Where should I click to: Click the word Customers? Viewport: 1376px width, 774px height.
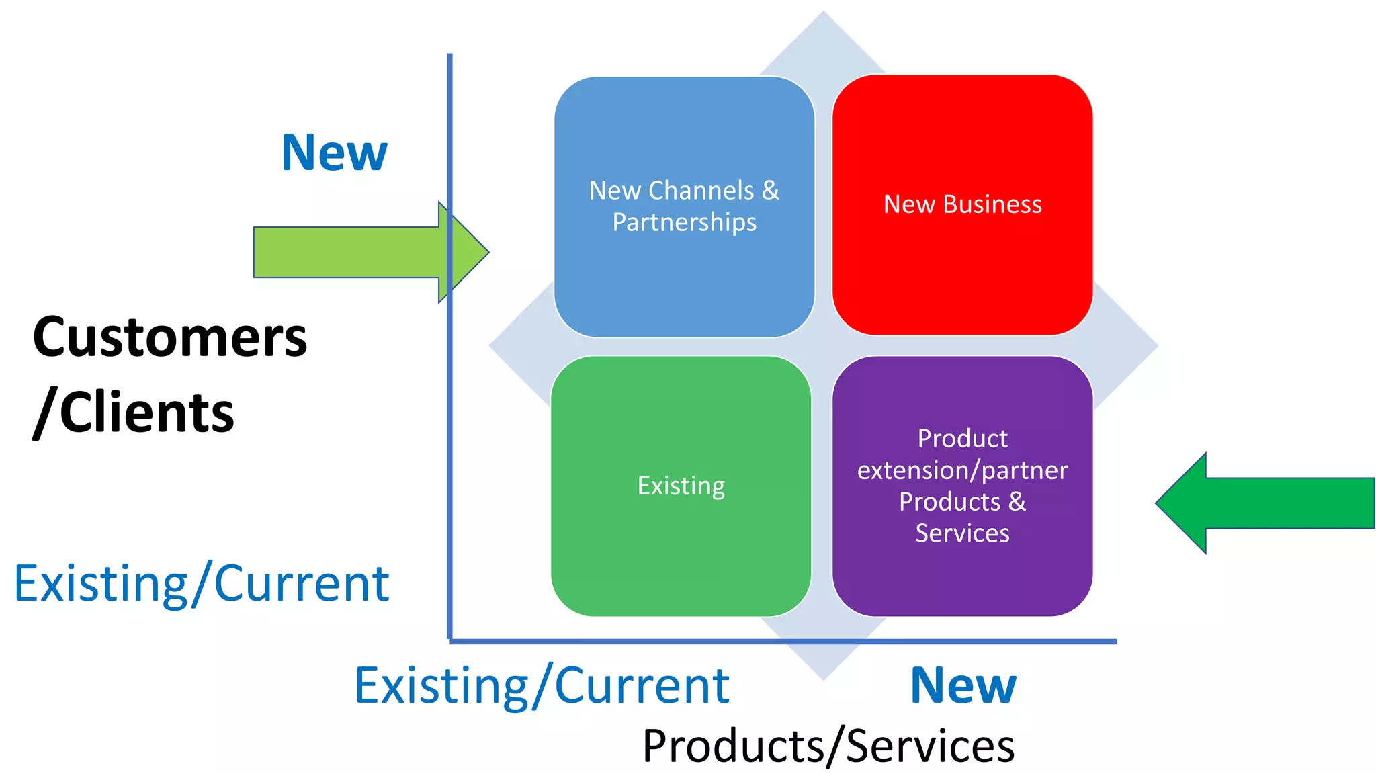(x=170, y=337)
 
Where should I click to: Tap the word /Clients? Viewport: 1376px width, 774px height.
(x=134, y=413)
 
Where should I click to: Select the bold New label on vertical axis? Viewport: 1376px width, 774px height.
(x=334, y=153)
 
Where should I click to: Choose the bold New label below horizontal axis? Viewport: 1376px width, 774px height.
(x=963, y=686)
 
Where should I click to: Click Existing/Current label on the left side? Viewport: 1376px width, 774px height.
(x=202, y=584)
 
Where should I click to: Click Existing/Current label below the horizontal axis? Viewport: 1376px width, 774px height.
(x=542, y=686)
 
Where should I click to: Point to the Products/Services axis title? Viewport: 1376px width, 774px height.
(x=828, y=746)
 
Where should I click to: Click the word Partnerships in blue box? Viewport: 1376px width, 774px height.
(x=684, y=222)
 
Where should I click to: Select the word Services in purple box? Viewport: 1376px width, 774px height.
(x=962, y=533)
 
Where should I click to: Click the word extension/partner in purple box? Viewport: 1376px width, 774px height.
(x=962, y=470)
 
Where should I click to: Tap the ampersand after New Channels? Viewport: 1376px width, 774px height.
(x=771, y=191)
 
